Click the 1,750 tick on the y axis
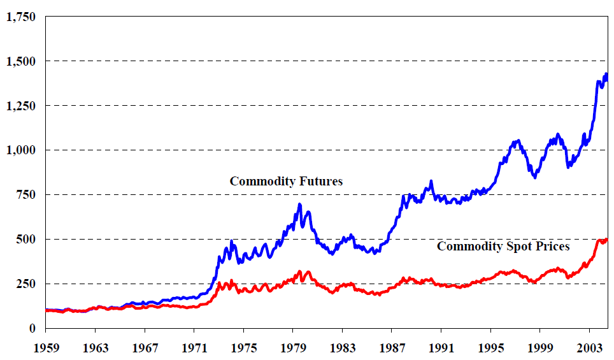pos(20,17)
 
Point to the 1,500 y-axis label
pos(20,61)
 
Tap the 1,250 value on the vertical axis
pos(20,106)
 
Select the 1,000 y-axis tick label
pos(20,150)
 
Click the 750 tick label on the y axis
pos(26,195)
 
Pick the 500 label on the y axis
pos(26,240)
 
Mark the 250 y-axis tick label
pos(26,284)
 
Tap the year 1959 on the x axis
pos(46,348)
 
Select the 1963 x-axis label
pos(95,348)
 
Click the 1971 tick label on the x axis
pos(194,348)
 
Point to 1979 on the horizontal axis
pos(292,348)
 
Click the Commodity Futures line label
pos(286,182)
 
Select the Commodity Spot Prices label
pos(503,246)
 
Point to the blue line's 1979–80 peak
pos(299,205)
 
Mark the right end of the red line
pos(607,240)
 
